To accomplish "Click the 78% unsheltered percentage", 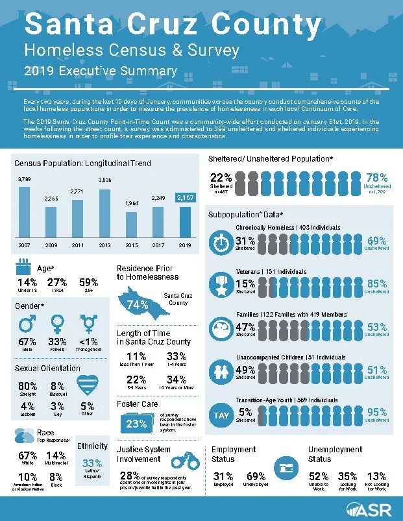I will coord(376,177).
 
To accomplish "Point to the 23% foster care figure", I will coord(136,424).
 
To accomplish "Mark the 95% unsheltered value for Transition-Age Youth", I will coord(376,412).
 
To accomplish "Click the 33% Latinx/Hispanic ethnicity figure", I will coord(92,463).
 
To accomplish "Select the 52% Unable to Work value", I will coord(318,476).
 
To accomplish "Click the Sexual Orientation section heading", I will coord(47,368).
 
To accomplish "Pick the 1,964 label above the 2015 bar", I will coord(132,203).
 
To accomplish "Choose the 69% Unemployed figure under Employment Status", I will coord(256,476).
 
